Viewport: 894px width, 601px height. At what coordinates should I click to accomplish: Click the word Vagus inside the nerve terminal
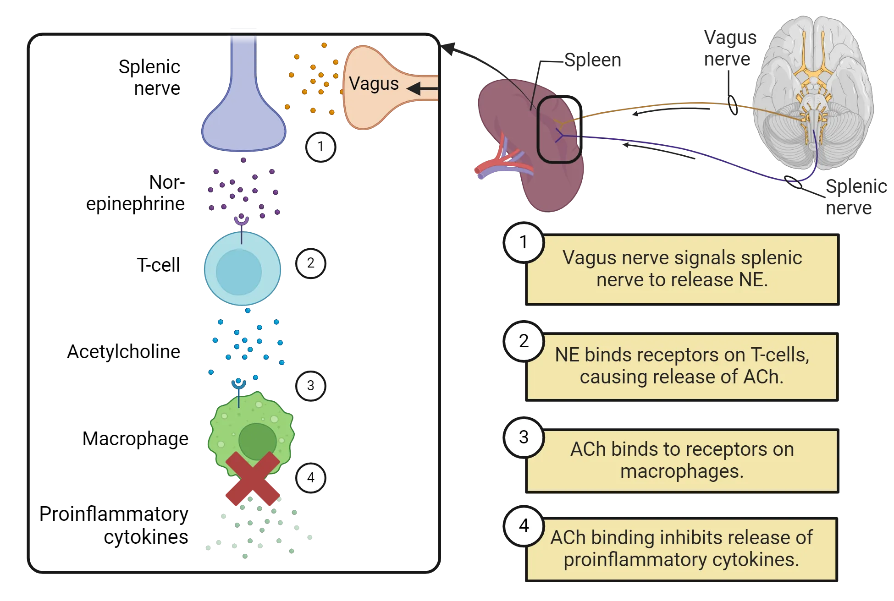pyautogui.click(x=374, y=84)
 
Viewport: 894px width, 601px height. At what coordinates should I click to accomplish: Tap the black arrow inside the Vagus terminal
pyautogui.click(x=422, y=88)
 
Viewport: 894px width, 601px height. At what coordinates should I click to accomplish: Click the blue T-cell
pyautogui.click(x=242, y=270)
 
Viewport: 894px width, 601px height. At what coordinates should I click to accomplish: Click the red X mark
pyautogui.click(x=252, y=479)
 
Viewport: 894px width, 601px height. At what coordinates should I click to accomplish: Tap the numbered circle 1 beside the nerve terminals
pyautogui.click(x=320, y=147)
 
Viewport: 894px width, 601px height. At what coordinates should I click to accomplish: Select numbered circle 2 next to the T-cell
pyautogui.click(x=311, y=263)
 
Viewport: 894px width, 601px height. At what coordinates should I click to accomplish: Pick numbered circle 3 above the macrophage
pyautogui.click(x=311, y=386)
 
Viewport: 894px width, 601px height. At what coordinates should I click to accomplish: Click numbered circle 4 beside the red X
pyautogui.click(x=311, y=478)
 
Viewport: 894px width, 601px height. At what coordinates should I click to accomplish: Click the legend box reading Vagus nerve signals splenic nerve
pyautogui.click(x=682, y=269)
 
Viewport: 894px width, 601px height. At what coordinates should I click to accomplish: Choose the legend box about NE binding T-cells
pyautogui.click(x=682, y=366)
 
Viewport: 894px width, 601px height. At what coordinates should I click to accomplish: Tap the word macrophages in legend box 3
pyautogui.click(x=682, y=471)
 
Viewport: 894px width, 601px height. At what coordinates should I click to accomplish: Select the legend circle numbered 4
pyautogui.click(x=524, y=525)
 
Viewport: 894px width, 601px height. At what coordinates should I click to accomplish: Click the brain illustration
pyautogui.click(x=814, y=92)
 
